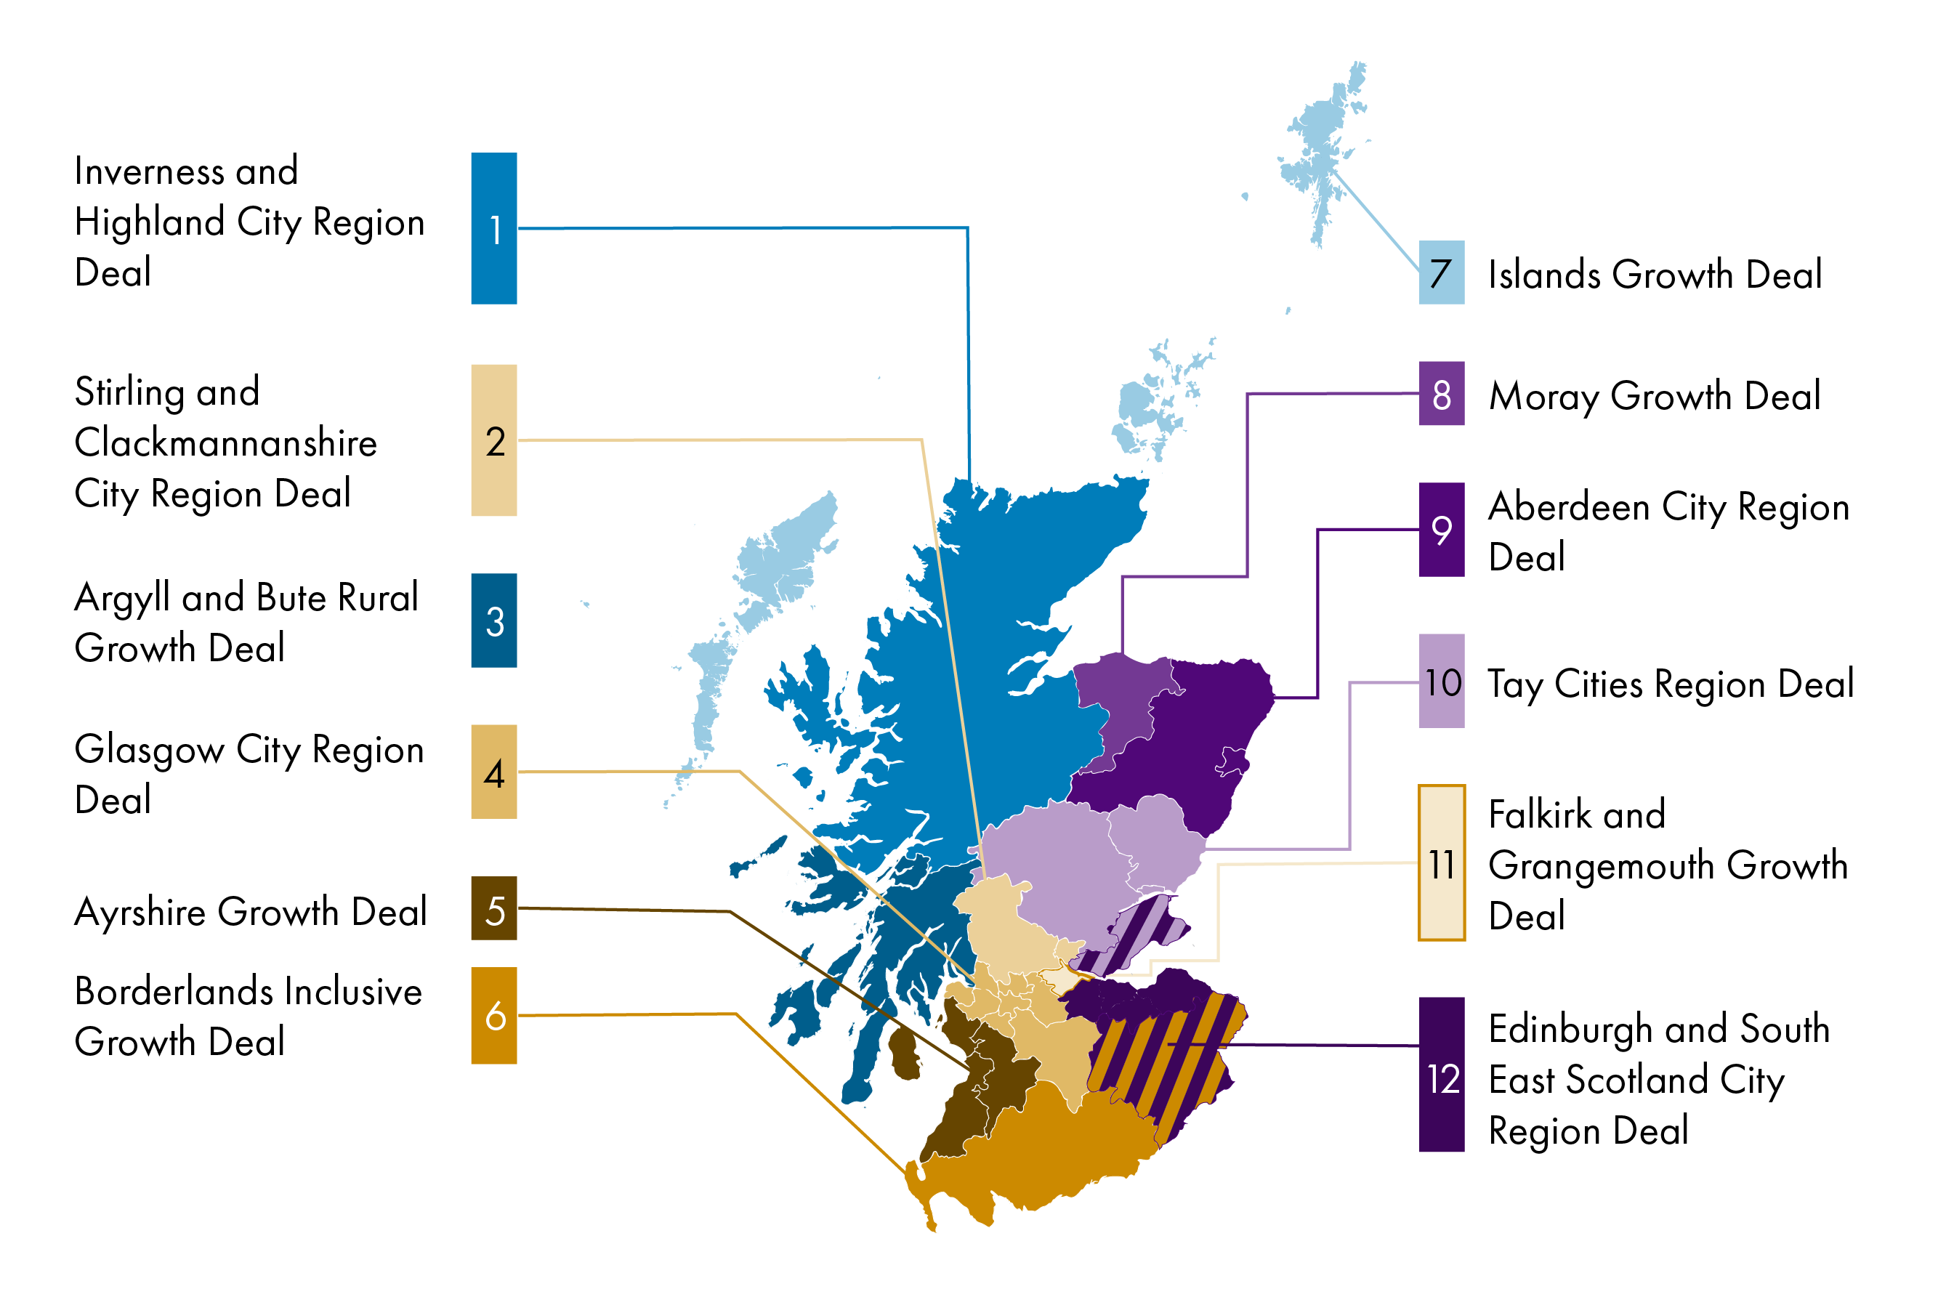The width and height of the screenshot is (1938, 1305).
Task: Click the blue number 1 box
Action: [493, 228]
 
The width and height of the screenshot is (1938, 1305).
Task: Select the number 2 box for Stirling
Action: [493, 440]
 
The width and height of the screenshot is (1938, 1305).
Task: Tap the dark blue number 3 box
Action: [493, 620]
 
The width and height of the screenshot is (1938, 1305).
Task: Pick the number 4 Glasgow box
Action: [493, 772]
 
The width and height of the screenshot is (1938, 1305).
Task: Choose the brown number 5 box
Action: [493, 908]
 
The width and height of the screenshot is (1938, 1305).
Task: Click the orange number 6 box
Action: [493, 1014]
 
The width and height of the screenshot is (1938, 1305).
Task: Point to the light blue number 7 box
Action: [1440, 272]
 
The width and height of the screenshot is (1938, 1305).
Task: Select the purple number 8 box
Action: [1440, 393]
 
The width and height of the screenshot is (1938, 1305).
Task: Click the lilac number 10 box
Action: [1440, 681]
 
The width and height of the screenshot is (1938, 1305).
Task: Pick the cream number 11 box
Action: [1440, 862]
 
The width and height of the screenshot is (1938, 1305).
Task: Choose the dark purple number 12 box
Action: [1440, 1074]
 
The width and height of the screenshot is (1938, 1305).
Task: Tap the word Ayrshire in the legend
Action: [141, 912]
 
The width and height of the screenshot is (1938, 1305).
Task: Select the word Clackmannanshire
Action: [225, 442]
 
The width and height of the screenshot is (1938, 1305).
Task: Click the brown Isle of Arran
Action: [904, 1053]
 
